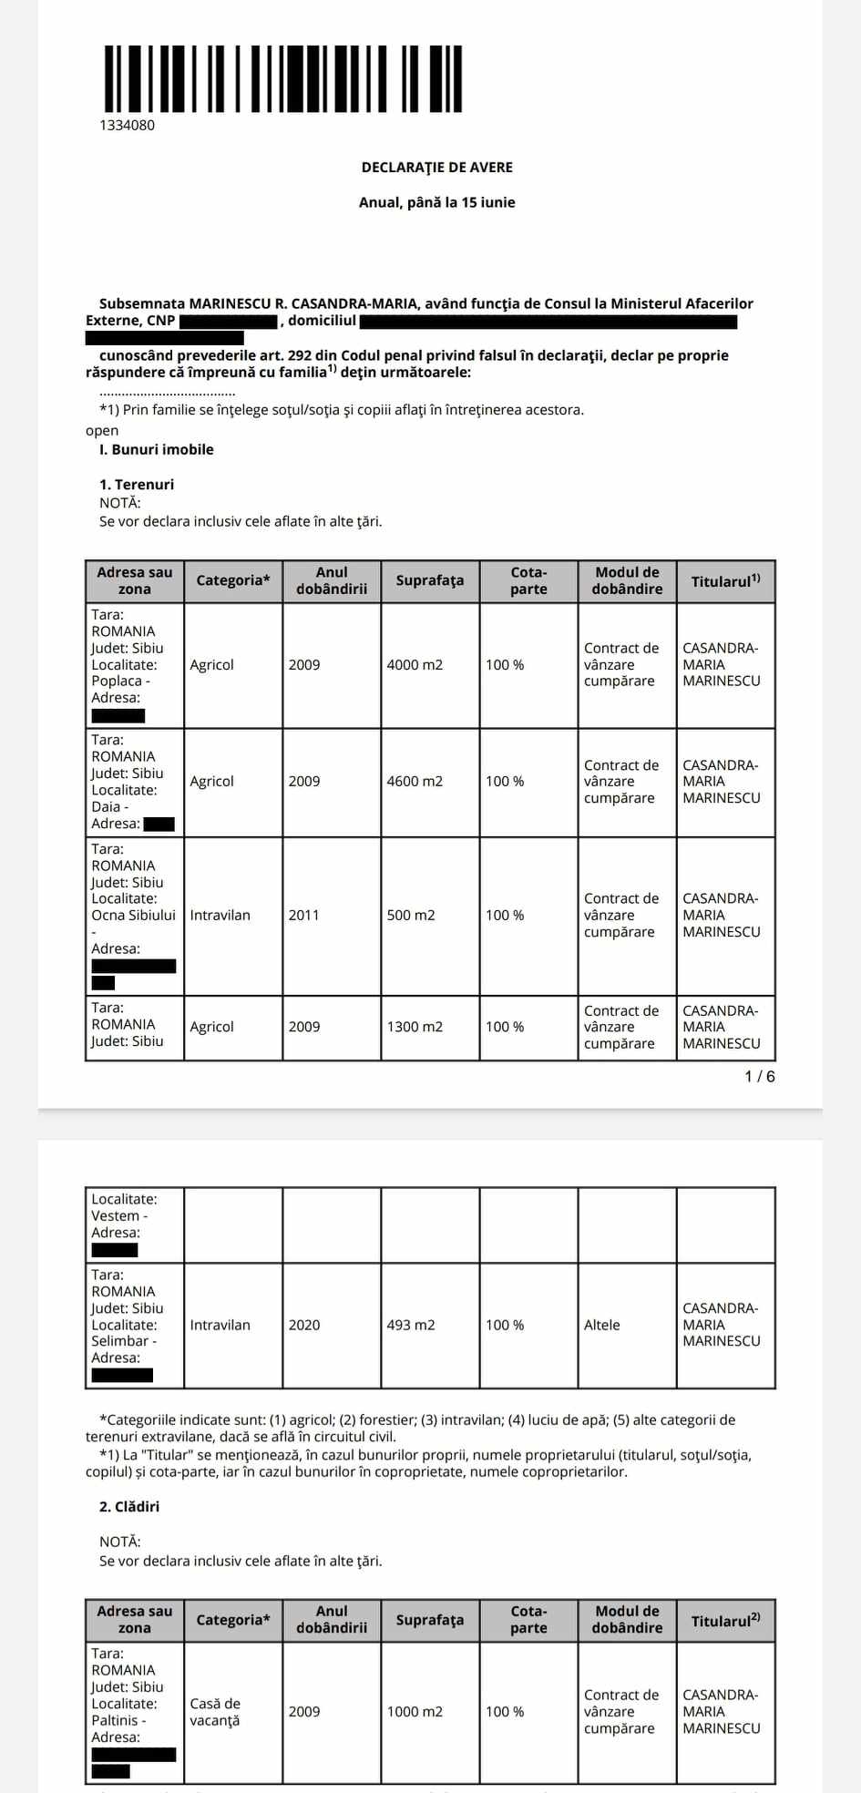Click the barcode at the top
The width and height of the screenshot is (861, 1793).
(x=283, y=78)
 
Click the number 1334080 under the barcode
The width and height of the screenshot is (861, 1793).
(x=128, y=126)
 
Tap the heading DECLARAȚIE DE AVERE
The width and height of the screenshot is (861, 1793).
(x=437, y=168)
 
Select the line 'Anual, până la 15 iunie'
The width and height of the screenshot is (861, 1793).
(x=437, y=202)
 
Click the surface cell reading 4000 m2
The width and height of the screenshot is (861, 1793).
(x=415, y=665)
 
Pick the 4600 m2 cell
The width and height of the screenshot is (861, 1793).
(x=415, y=782)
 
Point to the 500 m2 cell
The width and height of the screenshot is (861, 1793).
(x=411, y=916)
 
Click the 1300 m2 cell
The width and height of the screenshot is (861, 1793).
(x=415, y=1027)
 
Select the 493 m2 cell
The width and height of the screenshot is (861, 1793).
(x=411, y=1325)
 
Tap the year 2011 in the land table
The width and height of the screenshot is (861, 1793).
(x=304, y=916)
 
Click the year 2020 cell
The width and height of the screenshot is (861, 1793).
(x=304, y=1325)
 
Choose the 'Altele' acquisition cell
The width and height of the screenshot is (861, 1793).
(x=602, y=1325)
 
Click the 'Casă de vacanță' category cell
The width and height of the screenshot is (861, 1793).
(x=215, y=1712)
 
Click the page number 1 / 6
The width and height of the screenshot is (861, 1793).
(x=760, y=1077)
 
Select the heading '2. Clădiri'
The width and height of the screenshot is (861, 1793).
(x=129, y=1507)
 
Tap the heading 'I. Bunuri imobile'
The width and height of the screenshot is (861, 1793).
(x=157, y=450)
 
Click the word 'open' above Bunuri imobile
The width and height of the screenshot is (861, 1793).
(x=102, y=431)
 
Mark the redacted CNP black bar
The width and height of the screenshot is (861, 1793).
(x=229, y=322)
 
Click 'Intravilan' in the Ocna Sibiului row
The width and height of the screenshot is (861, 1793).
(x=220, y=916)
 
